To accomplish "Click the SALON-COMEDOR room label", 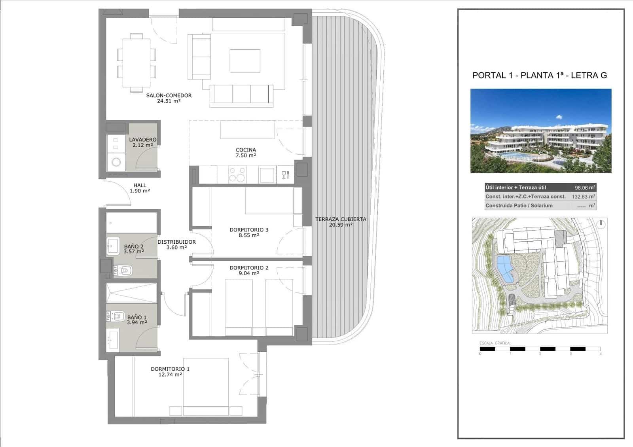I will click(169, 95).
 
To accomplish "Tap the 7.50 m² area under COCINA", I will click(246, 155).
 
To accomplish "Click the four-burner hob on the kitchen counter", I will click(237, 174).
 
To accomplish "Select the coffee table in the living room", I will click(245, 61).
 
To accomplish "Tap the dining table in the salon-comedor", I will click(136, 63).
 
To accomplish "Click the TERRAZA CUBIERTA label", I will click(341, 219).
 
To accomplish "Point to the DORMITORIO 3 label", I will click(249, 230).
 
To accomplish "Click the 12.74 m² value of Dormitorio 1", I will click(170, 375).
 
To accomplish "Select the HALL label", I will click(140, 185).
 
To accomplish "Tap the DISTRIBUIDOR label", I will click(176, 242).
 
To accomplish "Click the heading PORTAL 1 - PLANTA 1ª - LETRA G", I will click(540, 75).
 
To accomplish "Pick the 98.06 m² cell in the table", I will click(582, 188).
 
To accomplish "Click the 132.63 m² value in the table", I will click(582, 197).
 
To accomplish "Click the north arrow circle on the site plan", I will click(601, 223).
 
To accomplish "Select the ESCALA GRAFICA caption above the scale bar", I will click(495, 343).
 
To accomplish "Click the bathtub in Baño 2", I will click(131, 223).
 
